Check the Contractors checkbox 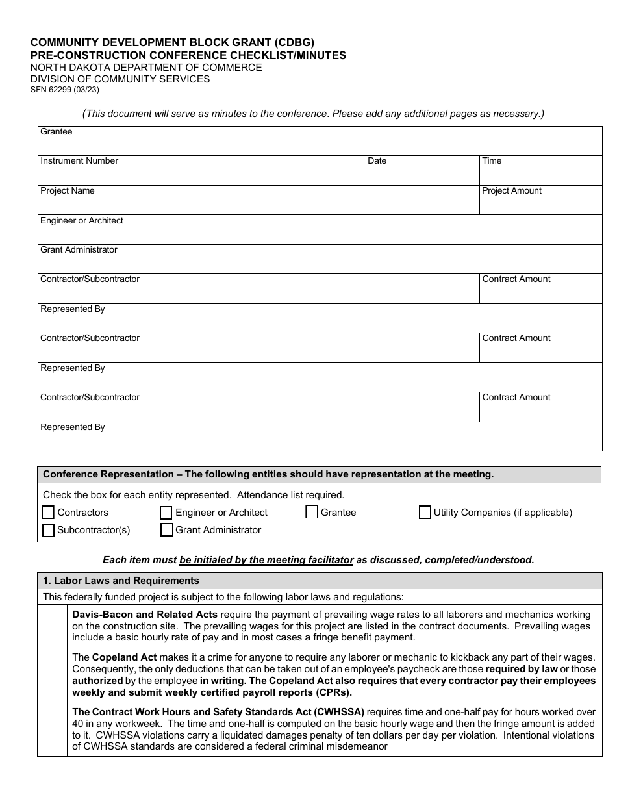tap(48, 513)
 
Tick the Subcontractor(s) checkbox tap(48, 530)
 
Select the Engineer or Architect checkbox tap(166, 513)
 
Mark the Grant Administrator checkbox tap(166, 530)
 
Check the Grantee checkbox tap(311, 512)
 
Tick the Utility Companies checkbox tap(425, 513)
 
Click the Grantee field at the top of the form tap(320, 145)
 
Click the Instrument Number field tap(199, 174)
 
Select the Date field tap(420, 174)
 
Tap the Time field tap(540, 174)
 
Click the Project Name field tap(258, 203)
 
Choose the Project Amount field tap(540, 203)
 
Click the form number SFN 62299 tap(64, 90)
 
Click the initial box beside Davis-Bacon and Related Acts tap(52, 626)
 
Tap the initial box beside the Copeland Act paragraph tap(52, 675)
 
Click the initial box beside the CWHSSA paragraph tap(52, 729)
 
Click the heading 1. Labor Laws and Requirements tap(121, 581)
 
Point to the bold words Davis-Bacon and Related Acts tap(145, 615)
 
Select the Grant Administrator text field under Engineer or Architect tap(320, 262)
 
